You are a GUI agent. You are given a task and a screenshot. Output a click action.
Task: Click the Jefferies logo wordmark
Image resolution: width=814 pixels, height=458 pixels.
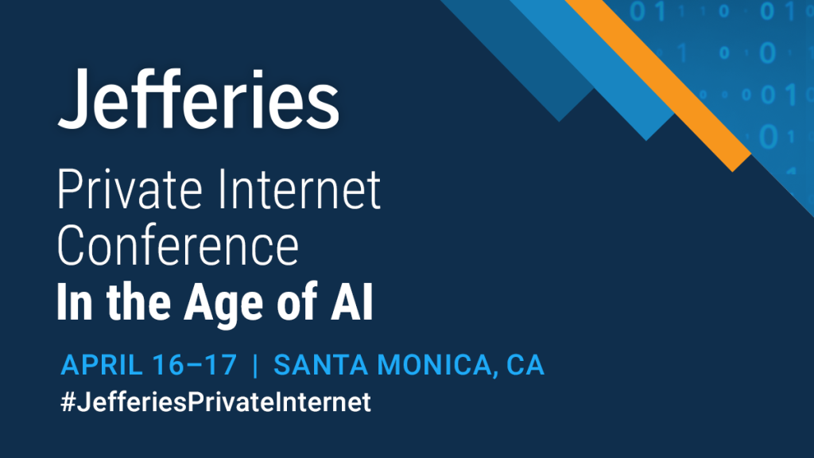[x=198, y=99]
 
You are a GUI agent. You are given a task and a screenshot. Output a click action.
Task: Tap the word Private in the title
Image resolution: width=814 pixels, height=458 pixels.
[x=130, y=189]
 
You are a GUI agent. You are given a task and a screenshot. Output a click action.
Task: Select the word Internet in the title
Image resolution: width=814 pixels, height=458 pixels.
[x=300, y=189]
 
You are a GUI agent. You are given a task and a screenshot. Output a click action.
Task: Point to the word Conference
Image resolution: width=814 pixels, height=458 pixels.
[x=178, y=245]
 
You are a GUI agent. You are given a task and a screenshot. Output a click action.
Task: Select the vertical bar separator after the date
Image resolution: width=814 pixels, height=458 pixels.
[x=255, y=365]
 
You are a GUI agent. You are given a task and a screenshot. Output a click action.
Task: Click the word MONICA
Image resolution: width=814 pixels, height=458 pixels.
[x=434, y=364]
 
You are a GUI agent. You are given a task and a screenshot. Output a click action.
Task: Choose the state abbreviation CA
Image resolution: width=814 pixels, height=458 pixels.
[x=525, y=364]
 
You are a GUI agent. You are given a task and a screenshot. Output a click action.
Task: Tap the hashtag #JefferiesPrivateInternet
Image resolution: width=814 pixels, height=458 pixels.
[x=216, y=402]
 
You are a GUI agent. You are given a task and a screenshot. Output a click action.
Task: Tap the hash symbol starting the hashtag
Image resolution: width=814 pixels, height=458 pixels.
[x=68, y=402]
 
